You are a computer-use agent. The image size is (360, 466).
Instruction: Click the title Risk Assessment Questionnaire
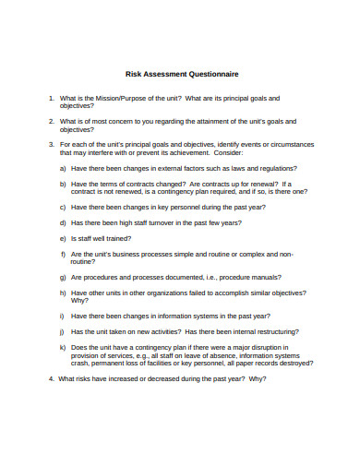coord(181,74)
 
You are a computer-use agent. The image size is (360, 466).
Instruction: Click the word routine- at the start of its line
coord(85,261)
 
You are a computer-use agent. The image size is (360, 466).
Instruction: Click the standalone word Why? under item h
coord(80,300)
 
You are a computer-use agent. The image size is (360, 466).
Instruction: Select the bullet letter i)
coord(62,316)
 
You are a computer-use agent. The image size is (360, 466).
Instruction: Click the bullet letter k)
coord(62,347)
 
